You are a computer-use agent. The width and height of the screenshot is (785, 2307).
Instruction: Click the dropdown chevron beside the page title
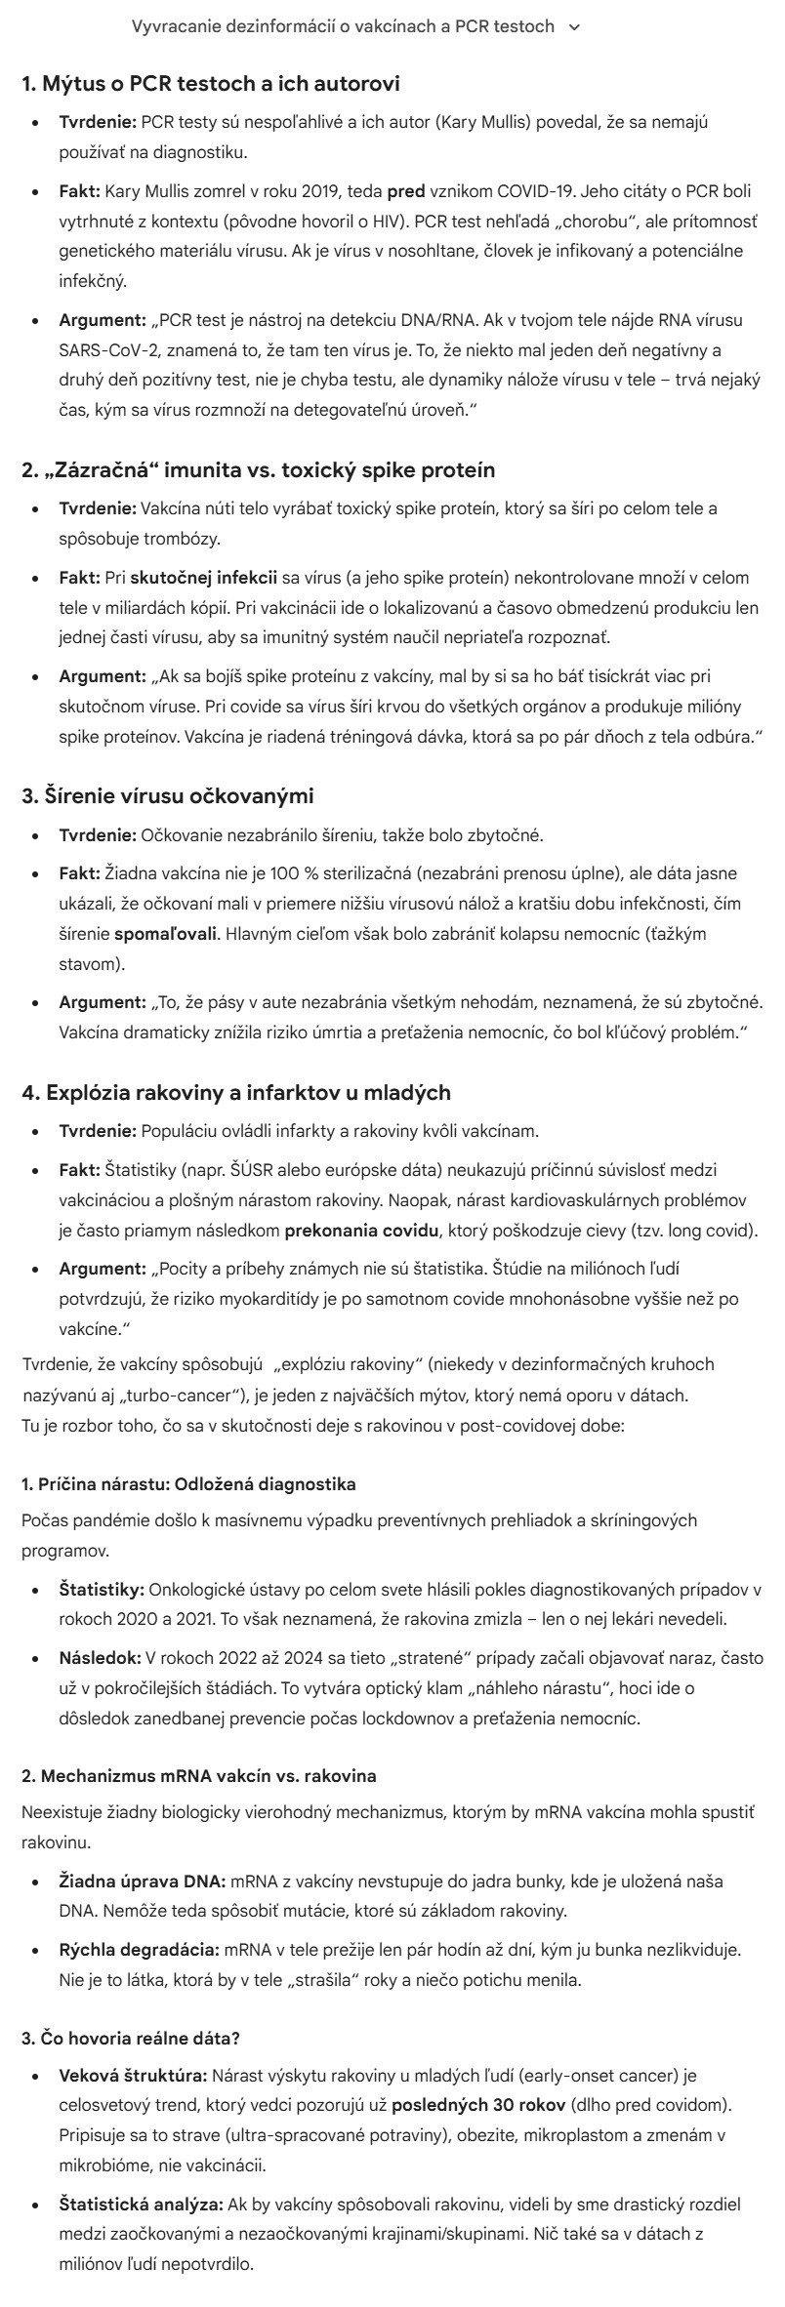[574, 27]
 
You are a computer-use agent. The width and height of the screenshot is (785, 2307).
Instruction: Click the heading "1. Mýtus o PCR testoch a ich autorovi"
[211, 84]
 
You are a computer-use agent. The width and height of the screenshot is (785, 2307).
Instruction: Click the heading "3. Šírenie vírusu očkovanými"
[168, 795]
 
